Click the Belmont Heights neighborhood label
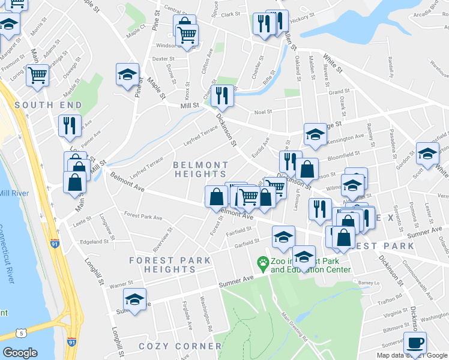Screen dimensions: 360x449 tap(200, 169)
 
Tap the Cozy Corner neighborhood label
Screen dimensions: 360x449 tap(180, 346)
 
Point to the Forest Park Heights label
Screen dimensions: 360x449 tap(170, 265)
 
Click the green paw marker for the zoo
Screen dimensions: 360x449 tap(262, 262)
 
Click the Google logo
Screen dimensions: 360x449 tap(20, 353)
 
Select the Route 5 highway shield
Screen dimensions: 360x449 tap(22, 332)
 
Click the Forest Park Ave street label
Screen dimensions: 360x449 tap(143, 217)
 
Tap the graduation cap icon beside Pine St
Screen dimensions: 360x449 tap(127, 76)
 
